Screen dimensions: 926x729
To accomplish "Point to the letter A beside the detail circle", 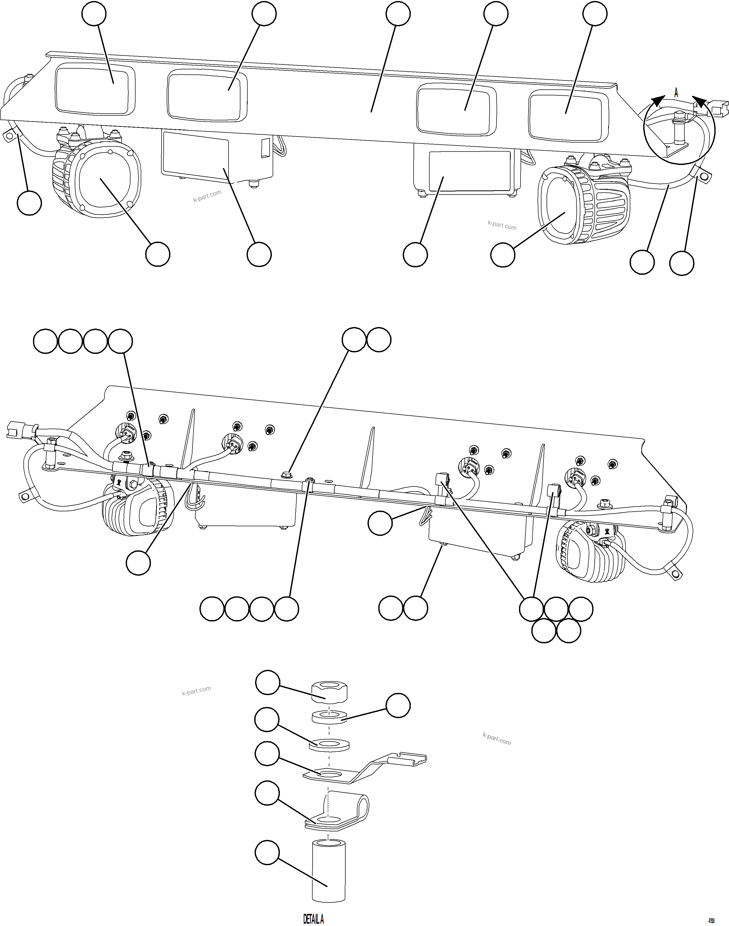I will (676, 92).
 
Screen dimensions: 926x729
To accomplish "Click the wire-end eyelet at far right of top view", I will (704, 175).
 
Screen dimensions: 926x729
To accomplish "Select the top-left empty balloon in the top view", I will (94, 14).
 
